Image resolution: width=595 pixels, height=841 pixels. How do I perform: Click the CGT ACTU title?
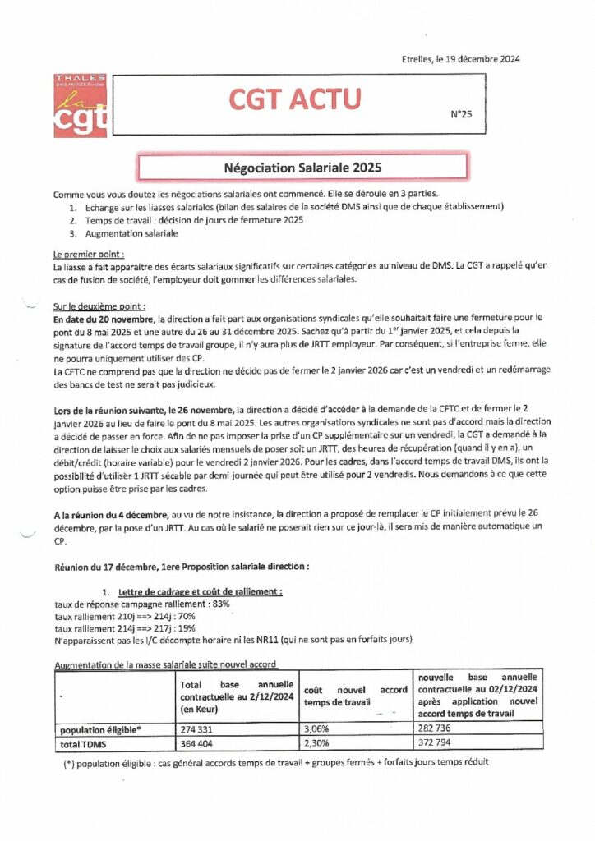click(294, 99)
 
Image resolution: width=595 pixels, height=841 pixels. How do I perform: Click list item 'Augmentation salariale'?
click(130, 233)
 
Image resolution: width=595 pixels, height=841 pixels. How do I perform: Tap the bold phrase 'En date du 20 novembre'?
click(104, 317)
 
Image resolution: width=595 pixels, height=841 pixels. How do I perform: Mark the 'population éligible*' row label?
click(101, 728)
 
